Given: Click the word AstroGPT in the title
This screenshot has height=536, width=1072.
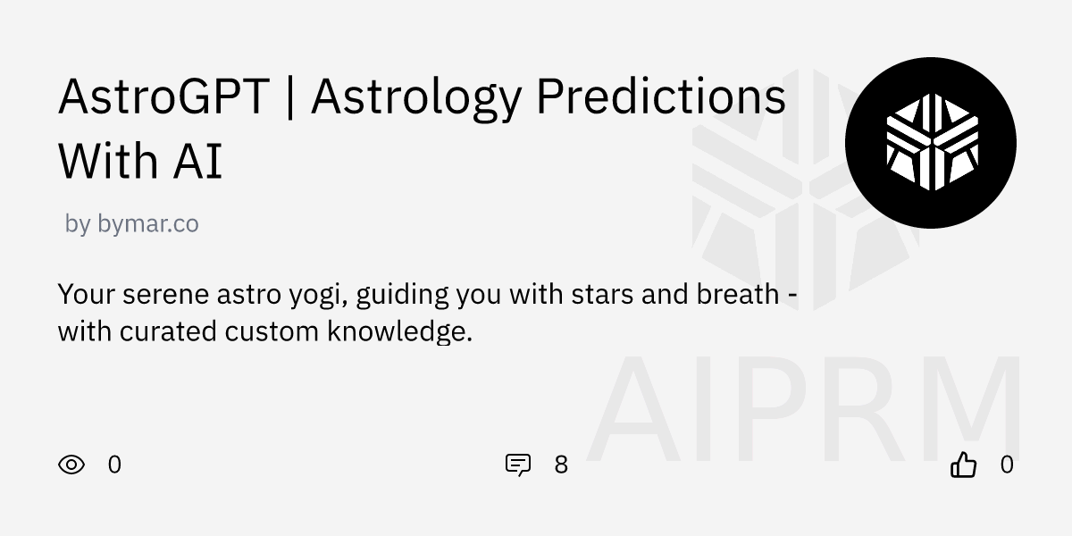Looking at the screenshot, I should (163, 97).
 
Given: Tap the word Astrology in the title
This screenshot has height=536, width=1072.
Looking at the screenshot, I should (415, 97).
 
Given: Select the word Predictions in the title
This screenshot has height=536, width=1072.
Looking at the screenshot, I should (660, 97).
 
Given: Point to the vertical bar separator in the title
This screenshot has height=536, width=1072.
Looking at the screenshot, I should (290, 97).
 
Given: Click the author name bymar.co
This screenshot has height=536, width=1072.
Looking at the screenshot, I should (147, 224).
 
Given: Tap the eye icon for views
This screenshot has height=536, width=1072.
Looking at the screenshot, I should (71, 465).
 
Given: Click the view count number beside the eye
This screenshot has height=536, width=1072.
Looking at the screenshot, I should (114, 465).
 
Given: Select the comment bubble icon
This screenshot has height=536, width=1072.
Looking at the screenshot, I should (518, 465).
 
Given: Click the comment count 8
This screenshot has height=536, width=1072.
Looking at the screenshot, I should (561, 465).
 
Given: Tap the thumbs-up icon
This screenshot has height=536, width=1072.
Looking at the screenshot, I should (963, 465).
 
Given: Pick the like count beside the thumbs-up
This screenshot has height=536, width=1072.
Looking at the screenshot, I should (1007, 465).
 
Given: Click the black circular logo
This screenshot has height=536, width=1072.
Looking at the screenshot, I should (931, 143).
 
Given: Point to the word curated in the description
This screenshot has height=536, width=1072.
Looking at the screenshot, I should (168, 331).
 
